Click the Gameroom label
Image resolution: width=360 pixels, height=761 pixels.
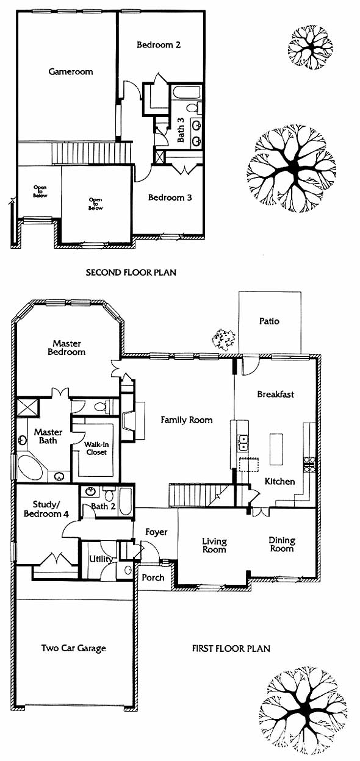coord(71,72)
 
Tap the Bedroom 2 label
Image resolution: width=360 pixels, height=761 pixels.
coord(159,45)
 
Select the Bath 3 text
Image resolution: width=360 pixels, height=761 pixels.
coord(181,130)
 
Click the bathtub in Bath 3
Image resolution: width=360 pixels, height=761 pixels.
coord(186,93)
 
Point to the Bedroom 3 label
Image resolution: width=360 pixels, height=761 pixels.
coord(170,198)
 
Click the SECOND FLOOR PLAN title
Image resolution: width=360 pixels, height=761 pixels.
coord(131,273)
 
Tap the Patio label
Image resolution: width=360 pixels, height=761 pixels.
coord(269,321)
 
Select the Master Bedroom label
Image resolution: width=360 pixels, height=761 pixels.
coord(67,348)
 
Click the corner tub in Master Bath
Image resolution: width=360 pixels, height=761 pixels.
coord(30,468)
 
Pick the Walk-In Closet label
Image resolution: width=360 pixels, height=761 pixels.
coord(96,448)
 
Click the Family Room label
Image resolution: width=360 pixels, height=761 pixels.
coord(187,420)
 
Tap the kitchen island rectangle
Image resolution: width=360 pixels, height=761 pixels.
coord(276,449)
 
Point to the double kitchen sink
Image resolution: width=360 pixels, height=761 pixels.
coord(243,443)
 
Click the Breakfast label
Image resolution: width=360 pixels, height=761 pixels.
coord(276,395)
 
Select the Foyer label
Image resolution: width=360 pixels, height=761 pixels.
coord(156,532)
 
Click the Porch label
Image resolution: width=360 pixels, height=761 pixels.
coord(153,577)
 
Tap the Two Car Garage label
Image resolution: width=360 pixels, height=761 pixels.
coord(74,648)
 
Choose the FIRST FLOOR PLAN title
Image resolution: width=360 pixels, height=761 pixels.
coord(231,649)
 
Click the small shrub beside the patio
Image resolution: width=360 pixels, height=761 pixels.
coord(223,340)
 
